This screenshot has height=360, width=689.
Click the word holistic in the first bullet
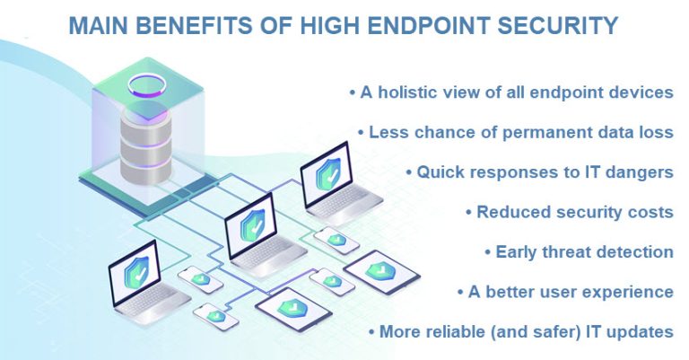tap(406, 93)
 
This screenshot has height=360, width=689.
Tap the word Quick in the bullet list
tap(438, 171)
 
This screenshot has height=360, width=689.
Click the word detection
tap(632, 252)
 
